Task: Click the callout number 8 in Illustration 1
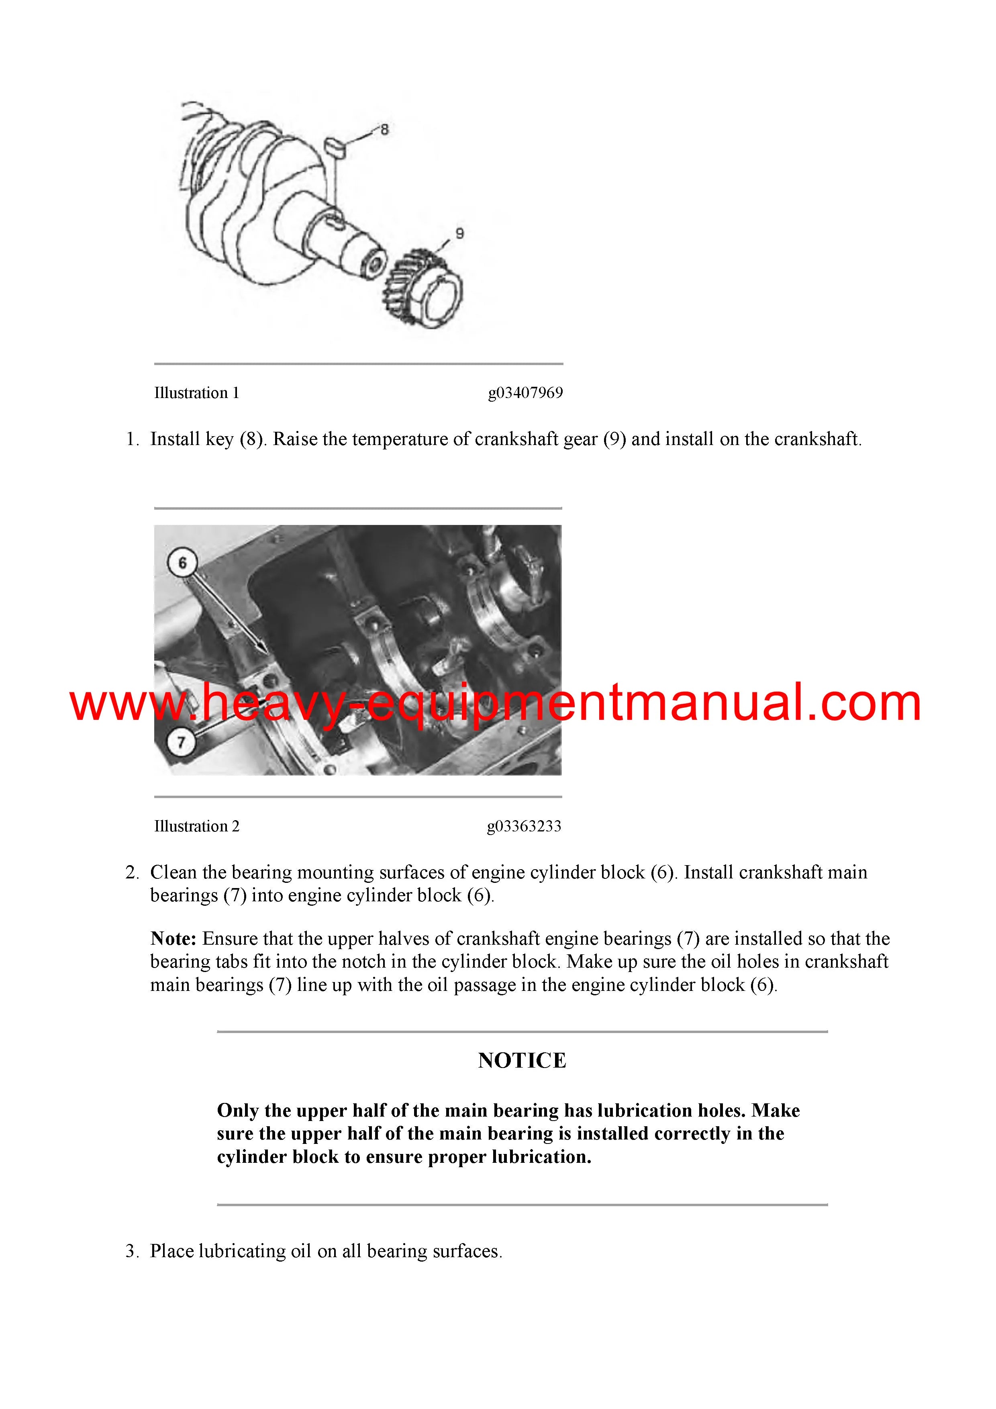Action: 384,129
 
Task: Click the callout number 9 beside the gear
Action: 459,234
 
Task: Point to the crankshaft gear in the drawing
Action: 423,288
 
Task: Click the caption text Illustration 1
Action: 196,393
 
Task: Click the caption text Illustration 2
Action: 196,826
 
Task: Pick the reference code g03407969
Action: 525,393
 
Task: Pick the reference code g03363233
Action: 524,827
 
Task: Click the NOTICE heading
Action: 522,1060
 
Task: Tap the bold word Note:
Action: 173,938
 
